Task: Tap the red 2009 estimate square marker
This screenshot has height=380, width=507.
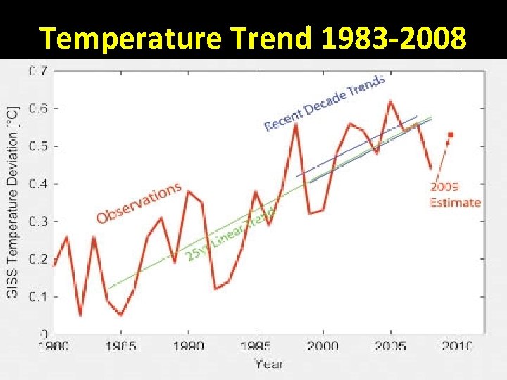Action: point(451,134)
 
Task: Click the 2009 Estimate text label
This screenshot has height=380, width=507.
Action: point(455,195)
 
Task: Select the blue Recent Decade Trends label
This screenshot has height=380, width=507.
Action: point(325,103)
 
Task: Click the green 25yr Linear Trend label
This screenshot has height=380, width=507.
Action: point(230,235)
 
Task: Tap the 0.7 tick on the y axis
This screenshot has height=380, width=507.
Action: point(38,71)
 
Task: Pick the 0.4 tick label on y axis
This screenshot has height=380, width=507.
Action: point(38,184)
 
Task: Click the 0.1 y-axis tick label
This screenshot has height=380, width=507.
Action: point(38,296)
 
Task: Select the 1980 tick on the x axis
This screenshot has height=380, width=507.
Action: point(54,346)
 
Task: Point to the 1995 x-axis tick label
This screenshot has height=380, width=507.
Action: point(256,346)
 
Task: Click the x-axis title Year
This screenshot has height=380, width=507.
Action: point(269,363)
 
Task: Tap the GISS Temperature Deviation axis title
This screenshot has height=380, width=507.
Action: point(12,203)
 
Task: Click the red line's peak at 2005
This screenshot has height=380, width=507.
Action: point(390,101)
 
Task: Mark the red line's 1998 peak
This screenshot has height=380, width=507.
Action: point(296,124)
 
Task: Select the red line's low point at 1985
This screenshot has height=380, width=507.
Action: point(121,315)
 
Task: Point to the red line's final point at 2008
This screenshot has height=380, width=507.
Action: point(430,168)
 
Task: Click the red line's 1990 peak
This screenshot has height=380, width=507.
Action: point(188,191)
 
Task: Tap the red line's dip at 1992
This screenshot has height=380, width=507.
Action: point(215,289)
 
